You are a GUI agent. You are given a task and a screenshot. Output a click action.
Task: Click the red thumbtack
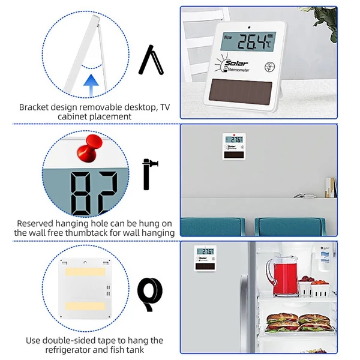point(89,148)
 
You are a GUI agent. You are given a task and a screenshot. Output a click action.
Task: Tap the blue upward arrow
point(91,85)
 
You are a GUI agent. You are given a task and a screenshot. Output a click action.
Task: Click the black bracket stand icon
point(151,60)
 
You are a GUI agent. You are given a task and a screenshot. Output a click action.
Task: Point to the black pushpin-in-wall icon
point(149,174)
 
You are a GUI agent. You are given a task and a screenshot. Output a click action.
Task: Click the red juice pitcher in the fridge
point(282,277)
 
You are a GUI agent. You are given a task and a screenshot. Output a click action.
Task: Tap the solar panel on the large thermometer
point(241,92)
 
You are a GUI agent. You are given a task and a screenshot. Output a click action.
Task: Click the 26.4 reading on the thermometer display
point(251,42)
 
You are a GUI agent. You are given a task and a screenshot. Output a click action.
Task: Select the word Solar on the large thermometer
point(236,63)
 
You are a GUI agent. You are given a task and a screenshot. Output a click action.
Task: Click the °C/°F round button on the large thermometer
point(269,67)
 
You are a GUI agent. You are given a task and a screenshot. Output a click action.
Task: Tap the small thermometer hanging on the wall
point(234,146)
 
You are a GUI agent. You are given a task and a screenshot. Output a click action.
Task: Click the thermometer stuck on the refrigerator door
point(205,259)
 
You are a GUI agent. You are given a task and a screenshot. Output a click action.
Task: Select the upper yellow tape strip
point(85,272)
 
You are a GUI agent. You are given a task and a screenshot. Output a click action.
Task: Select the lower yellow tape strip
point(85,306)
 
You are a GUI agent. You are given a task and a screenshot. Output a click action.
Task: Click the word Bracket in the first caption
point(34,107)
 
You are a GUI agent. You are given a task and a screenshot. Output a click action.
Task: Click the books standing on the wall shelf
point(331,187)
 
